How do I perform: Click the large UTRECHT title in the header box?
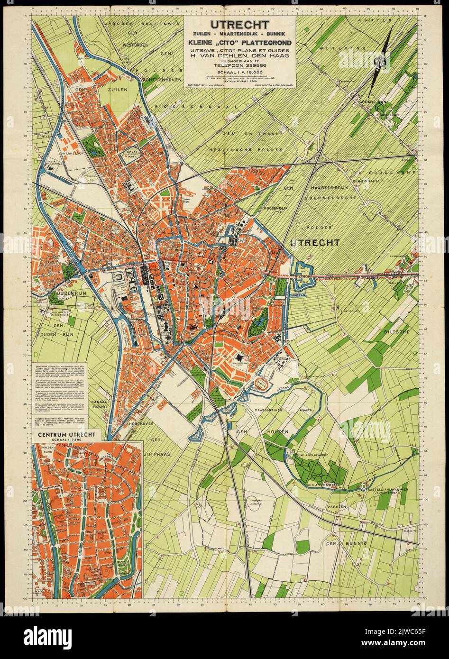240,25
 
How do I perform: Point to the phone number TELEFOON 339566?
240,65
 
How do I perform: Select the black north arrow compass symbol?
383,52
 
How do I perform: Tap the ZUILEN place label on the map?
117,89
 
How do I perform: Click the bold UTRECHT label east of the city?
314,243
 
